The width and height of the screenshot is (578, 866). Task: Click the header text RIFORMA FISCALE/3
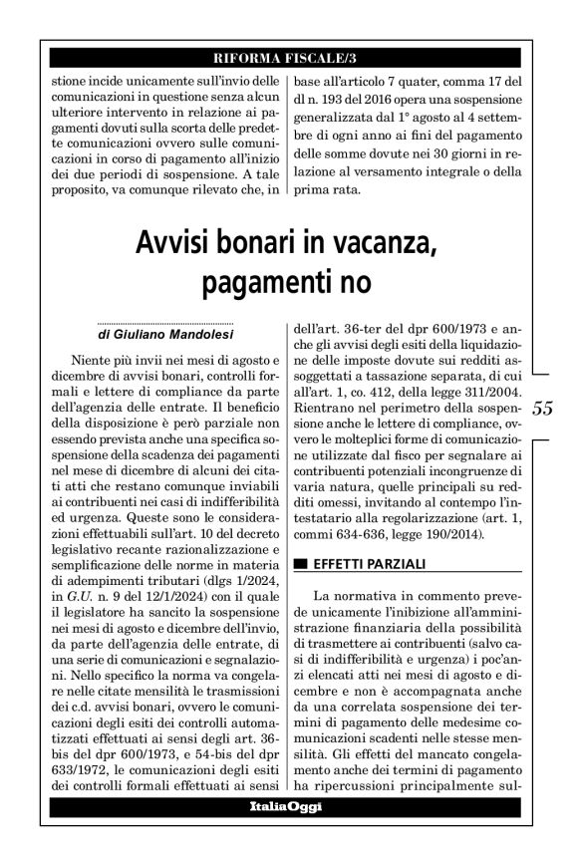click(288, 56)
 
